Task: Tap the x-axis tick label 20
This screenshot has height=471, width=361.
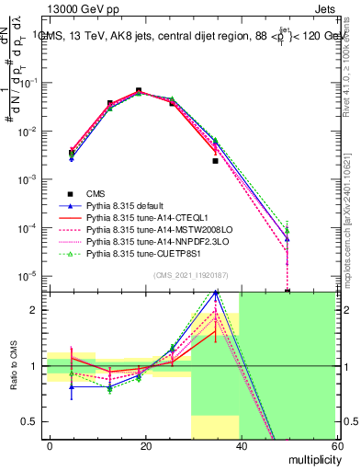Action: pos(145,446)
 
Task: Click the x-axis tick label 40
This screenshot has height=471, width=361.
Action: pos(240,446)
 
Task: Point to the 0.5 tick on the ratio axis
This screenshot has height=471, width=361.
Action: pos(35,422)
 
